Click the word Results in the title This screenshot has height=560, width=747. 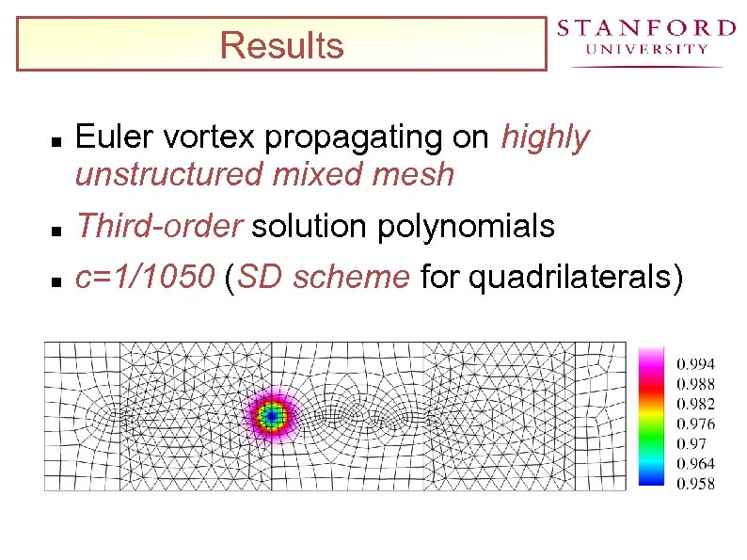point(281,46)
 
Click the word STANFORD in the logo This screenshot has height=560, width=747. point(646,28)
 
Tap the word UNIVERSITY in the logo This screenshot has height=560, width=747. point(646,50)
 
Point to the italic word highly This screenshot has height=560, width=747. point(546,138)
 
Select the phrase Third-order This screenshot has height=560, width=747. point(160,227)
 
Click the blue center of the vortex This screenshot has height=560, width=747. point(272,414)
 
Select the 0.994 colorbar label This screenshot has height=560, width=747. point(695,364)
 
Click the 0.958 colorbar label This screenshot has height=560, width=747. point(695,484)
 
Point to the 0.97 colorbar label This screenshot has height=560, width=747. point(691,443)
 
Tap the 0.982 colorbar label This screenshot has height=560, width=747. point(695,404)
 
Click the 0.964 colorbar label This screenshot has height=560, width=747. point(695,464)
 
